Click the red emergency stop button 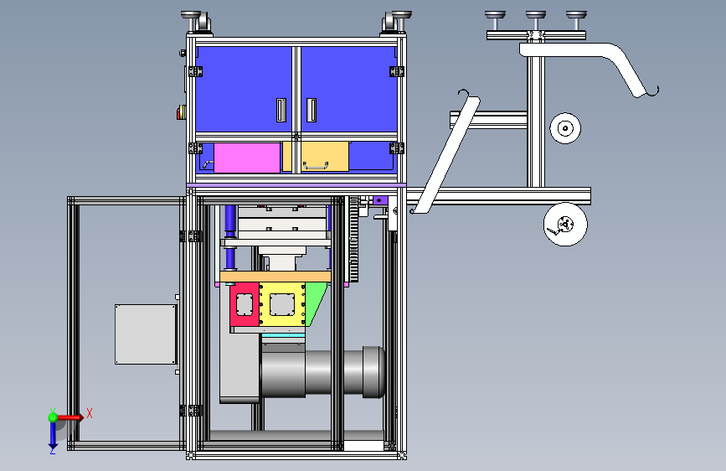click(181, 112)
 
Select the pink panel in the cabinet click(247, 158)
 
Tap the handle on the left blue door click(281, 111)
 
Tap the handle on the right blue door click(312, 111)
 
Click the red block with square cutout click(245, 304)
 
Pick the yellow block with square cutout click(282, 304)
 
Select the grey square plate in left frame click(146, 334)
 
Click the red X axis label click(90, 413)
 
